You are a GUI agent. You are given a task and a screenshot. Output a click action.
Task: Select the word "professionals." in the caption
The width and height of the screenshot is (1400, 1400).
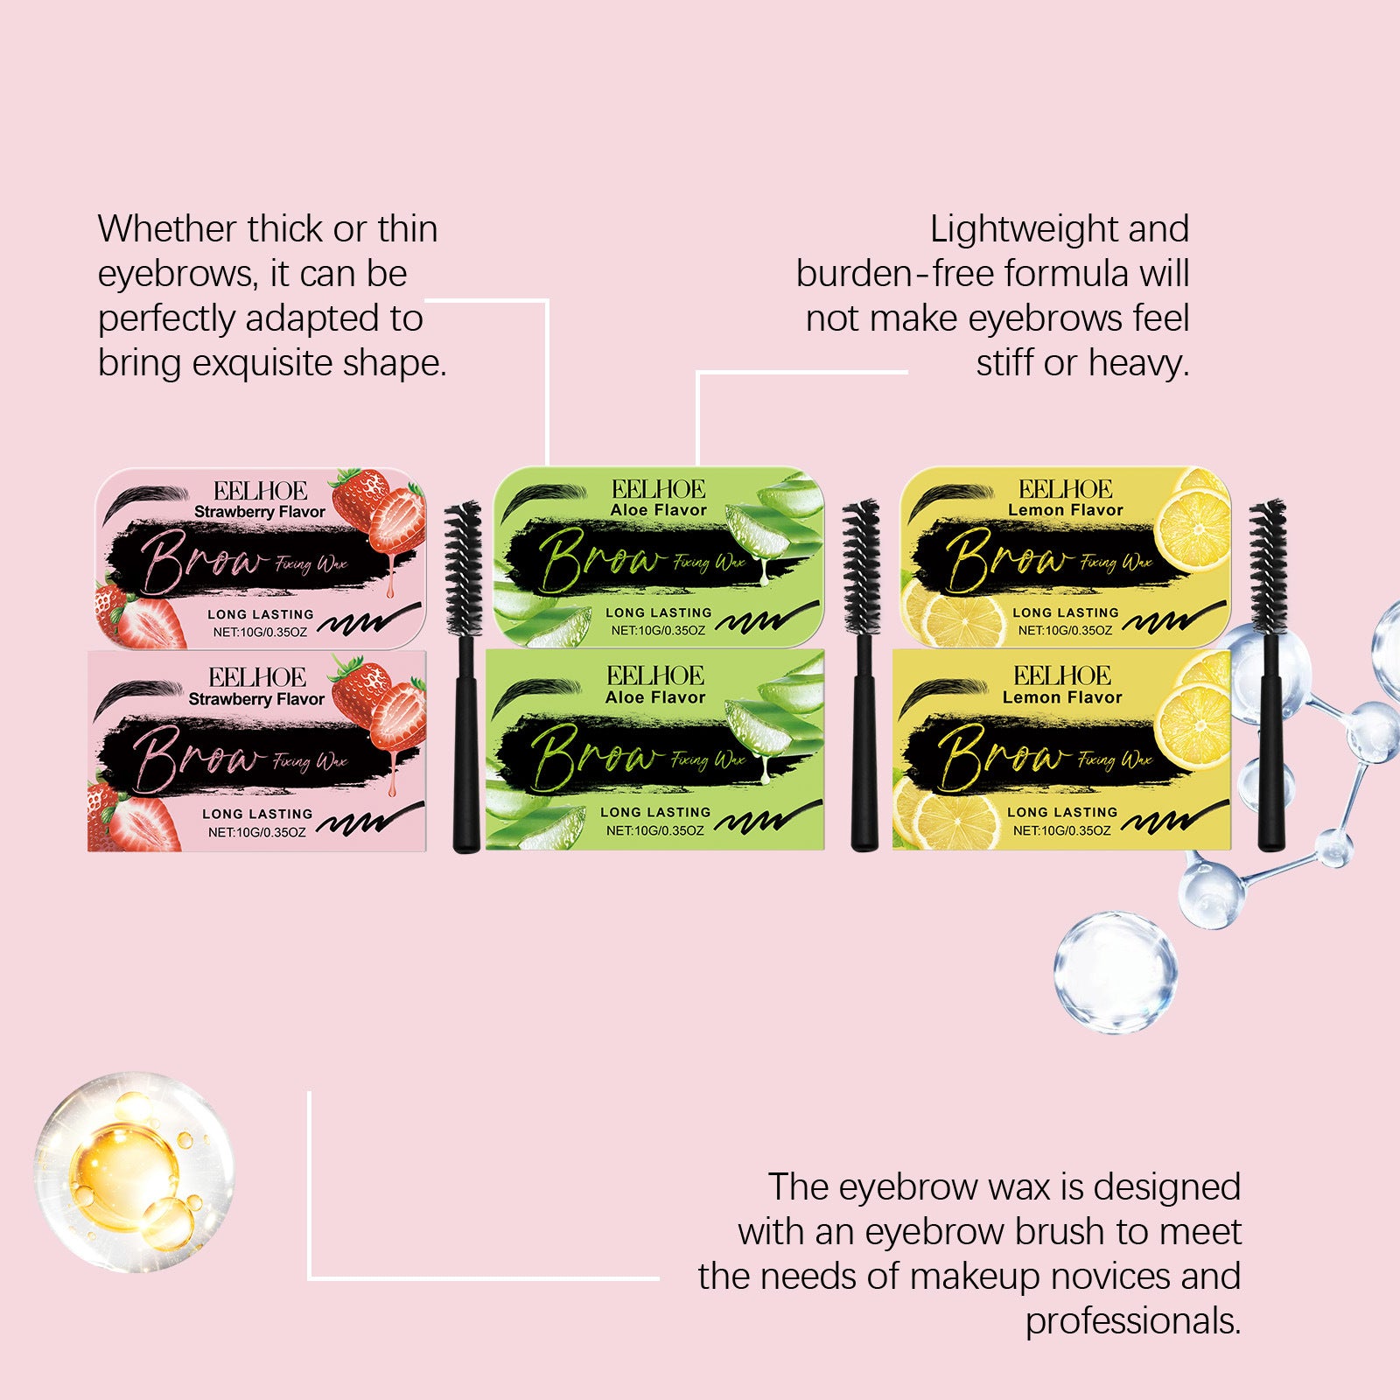click(x=1133, y=1321)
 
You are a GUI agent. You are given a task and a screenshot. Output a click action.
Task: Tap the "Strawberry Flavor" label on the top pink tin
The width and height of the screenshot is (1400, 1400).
click(x=259, y=512)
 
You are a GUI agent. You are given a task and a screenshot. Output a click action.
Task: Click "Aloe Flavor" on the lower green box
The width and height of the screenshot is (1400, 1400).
click(x=655, y=697)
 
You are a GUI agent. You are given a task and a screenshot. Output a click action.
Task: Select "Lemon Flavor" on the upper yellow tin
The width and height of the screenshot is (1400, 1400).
click(x=1065, y=510)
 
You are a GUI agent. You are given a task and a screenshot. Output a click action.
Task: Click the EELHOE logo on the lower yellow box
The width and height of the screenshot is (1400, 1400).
click(x=1062, y=675)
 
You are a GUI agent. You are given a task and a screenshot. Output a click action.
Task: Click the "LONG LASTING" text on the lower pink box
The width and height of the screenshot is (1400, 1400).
click(x=257, y=814)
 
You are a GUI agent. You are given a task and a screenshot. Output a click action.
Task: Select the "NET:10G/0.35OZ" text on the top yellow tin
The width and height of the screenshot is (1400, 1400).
click(x=1065, y=630)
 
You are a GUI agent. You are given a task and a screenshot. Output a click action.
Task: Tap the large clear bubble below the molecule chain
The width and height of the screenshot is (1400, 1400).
click(x=1115, y=971)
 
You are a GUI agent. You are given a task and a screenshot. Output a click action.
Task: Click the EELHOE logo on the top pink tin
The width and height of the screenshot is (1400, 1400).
click(x=260, y=491)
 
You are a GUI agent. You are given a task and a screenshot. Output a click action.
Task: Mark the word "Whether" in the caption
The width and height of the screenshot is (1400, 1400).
click(x=166, y=230)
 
